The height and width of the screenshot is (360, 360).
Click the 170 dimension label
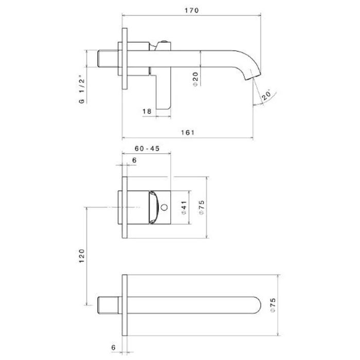[x=192, y=10]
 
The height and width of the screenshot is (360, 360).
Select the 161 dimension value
[x=188, y=133]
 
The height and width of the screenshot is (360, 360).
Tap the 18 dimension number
[x=147, y=112]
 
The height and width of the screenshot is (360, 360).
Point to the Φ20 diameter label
[x=195, y=79]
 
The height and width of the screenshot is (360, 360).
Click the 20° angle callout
[x=266, y=95]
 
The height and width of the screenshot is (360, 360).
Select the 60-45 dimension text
[x=147, y=149]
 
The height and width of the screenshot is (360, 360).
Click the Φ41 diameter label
[x=184, y=208]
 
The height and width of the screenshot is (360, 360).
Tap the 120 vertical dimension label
[x=82, y=256]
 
